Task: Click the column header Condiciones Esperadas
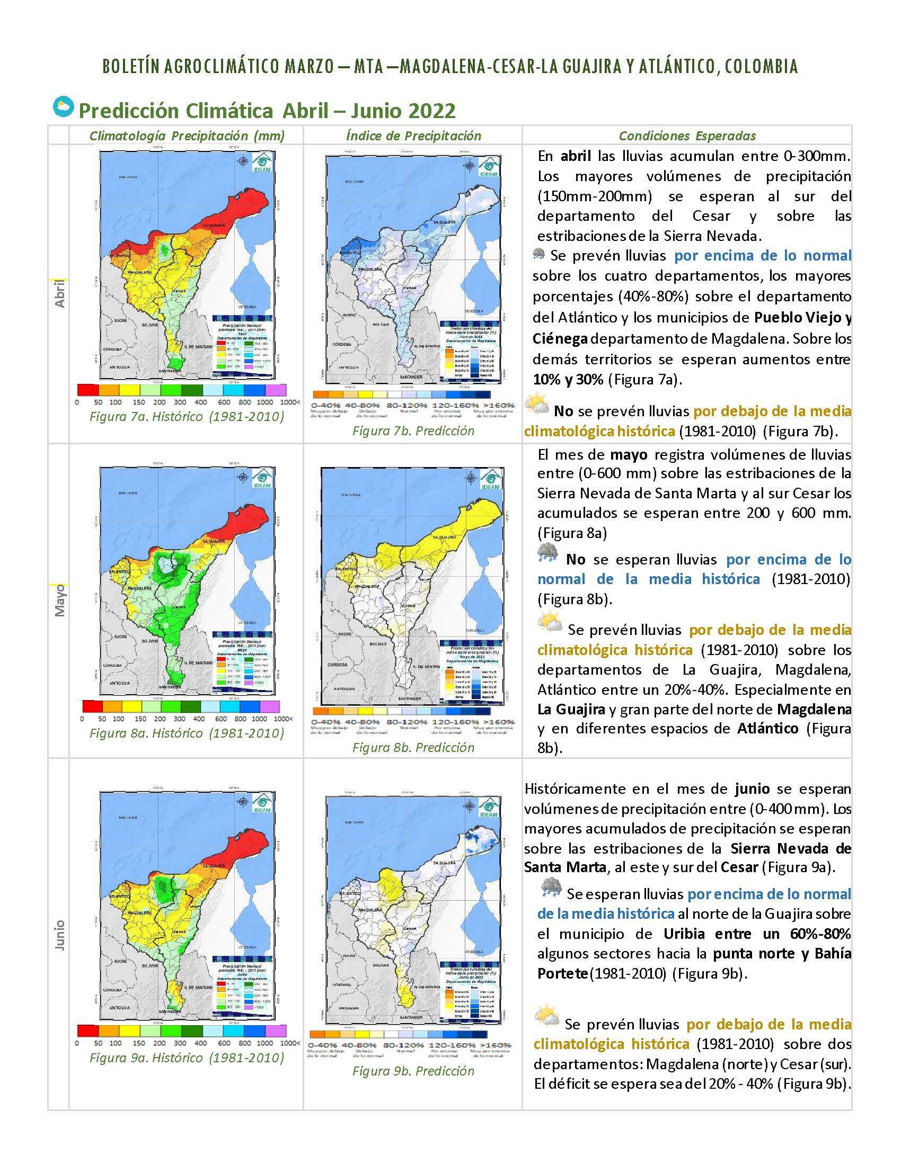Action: (x=687, y=136)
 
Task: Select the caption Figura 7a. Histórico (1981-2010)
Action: (x=186, y=416)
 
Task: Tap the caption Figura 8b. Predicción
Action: (x=413, y=747)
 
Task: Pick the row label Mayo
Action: (x=60, y=600)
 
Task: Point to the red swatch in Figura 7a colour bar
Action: (x=87, y=390)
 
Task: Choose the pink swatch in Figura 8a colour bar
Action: (x=270, y=707)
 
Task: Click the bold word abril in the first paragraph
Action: (x=576, y=156)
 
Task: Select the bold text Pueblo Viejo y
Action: (x=802, y=318)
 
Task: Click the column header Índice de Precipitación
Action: (x=413, y=136)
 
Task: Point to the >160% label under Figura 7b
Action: (x=498, y=406)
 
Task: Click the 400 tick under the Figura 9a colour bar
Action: (x=200, y=1043)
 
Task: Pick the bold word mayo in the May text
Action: (x=629, y=455)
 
